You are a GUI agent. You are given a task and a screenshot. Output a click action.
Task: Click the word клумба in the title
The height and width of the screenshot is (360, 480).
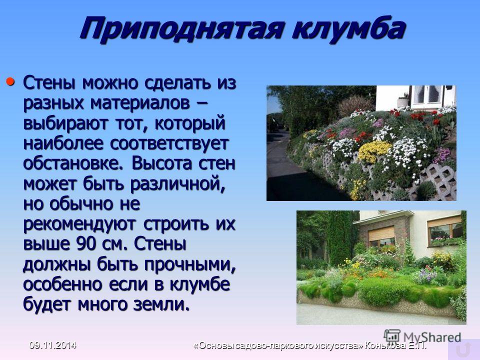348,27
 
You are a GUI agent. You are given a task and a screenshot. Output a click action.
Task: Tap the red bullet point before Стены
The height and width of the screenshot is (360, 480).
10,81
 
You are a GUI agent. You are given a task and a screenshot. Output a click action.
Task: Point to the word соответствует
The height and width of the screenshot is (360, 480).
169,143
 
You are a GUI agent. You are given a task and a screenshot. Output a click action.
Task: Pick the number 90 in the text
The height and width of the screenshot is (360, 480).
86,244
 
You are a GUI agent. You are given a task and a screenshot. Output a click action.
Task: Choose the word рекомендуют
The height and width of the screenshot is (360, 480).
79,224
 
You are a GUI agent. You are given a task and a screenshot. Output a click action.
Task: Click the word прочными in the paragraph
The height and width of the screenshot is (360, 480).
190,264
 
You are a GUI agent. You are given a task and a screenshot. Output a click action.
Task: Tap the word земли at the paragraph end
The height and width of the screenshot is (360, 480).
161,304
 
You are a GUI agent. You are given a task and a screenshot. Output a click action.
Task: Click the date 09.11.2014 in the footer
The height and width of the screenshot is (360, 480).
52,345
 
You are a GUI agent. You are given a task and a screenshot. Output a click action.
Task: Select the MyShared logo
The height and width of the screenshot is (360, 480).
422,336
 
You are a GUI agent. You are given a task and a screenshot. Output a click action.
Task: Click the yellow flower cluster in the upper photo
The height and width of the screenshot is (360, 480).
374,151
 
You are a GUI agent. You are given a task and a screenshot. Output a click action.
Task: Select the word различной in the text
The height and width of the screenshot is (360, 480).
177,184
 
